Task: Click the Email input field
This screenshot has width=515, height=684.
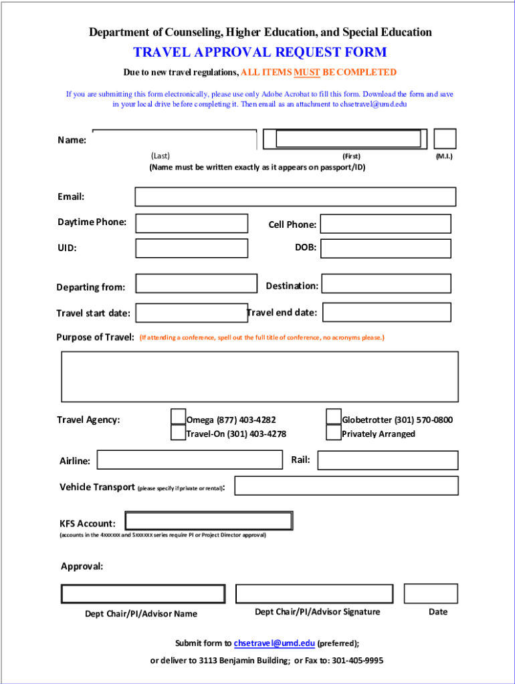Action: click(295, 196)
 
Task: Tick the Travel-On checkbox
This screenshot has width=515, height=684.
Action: click(178, 433)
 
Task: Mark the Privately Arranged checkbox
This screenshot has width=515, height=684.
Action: click(334, 433)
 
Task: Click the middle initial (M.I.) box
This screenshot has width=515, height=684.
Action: click(445, 139)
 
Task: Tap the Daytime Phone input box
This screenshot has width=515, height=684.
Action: click(191, 223)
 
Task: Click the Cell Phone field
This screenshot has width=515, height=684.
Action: click(386, 224)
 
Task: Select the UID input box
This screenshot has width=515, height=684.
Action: click(191, 248)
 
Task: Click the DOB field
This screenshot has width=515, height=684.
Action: click(386, 248)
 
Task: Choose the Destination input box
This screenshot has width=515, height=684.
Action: click(386, 284)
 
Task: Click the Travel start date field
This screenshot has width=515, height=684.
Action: click(191, 313)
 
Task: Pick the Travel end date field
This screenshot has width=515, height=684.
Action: click(386, 312)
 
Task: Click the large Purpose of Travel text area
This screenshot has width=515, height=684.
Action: click(260, 377)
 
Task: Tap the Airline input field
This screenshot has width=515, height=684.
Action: click(190, 460)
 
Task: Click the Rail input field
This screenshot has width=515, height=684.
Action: click(388, 460)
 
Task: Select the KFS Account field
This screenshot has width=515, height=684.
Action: click(209, 521)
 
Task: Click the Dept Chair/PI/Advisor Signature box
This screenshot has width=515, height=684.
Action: click(314, 594)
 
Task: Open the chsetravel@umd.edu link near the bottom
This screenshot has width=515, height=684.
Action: click(274, 643)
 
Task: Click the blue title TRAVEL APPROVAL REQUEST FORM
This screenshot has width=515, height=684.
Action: click(260, 52)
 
